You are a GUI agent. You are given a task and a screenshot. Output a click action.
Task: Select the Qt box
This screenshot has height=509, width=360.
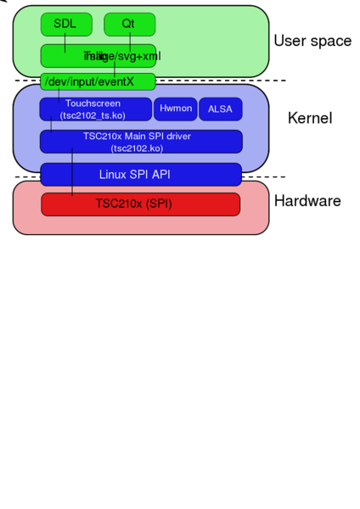129,25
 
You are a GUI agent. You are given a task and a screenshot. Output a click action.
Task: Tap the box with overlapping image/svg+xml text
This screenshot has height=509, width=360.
98,56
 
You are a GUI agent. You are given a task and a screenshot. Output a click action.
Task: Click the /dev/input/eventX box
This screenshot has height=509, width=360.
98,81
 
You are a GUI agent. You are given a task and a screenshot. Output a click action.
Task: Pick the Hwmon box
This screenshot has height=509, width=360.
176,109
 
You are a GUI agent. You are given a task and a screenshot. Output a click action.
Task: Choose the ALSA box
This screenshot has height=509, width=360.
220,109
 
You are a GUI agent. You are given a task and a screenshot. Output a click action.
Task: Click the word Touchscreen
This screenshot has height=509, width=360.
93,103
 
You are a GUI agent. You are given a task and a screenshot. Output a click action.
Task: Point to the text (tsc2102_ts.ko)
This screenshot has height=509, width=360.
93,115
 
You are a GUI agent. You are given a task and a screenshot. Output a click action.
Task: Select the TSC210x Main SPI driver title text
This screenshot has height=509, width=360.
141,136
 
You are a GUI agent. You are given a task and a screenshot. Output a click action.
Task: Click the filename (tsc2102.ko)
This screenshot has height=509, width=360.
141,147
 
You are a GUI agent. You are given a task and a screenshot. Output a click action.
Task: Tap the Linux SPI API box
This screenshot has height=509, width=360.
141,174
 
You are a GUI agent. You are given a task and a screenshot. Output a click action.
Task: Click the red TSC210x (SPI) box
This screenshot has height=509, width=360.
141,204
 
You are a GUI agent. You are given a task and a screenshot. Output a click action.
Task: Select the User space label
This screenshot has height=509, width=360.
312,41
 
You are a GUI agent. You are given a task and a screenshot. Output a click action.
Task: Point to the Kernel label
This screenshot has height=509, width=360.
310,118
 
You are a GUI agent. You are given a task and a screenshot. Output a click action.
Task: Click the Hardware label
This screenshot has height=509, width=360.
307,201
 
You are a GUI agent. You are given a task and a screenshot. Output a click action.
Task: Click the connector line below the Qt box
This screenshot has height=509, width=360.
130,41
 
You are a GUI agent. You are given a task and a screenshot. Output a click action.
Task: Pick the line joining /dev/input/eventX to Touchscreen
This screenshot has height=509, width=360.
59,94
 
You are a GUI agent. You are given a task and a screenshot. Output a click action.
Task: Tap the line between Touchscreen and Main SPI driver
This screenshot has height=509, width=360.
51,126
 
